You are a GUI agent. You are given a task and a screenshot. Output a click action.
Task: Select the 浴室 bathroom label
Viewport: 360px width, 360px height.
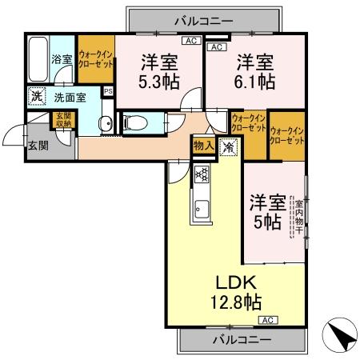62,58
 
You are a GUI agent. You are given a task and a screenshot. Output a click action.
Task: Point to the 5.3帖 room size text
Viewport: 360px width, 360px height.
160,80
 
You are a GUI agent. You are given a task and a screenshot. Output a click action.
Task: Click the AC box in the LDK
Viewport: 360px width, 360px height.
268,321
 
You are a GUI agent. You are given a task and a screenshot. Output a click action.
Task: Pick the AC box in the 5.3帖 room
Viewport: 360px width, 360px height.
190,40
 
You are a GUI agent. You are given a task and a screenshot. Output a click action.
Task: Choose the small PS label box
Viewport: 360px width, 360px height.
109,91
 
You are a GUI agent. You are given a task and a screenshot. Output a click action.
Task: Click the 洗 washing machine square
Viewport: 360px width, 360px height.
37,97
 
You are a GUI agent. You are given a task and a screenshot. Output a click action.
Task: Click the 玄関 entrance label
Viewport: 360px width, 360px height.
38,146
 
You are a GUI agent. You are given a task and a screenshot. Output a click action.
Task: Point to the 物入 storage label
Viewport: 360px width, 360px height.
202,146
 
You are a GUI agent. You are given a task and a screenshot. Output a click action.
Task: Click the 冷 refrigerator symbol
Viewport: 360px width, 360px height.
228,147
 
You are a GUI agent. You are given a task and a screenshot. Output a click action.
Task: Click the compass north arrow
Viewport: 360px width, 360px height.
339,336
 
